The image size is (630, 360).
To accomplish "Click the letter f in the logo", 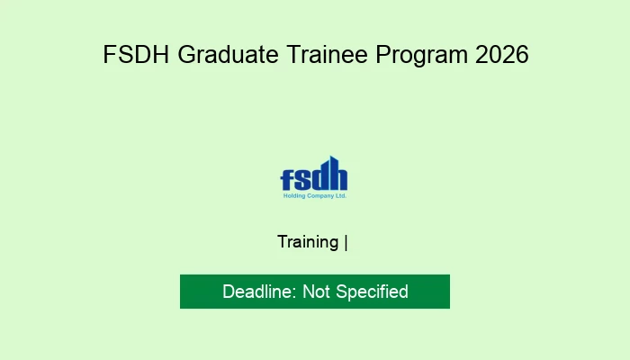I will coord(286,177).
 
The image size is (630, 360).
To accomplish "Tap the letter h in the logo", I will coord(337,175).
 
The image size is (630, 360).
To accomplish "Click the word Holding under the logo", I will coord(291,195).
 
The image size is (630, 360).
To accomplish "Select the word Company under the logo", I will coord(317,195).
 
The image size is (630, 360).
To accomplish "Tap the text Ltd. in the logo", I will coord(339,195).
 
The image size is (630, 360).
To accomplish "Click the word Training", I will coord(309,242).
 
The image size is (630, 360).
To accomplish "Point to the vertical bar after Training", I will coord(346,242).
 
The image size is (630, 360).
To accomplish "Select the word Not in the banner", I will coord(317,292).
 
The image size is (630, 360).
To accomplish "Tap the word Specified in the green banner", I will coord(373,292).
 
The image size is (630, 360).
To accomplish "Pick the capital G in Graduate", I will coord(186,55).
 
